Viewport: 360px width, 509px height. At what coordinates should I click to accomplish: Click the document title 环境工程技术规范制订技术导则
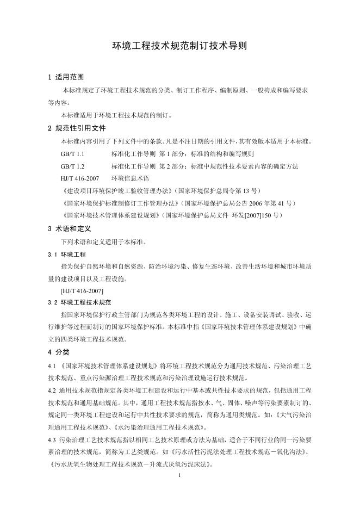179,46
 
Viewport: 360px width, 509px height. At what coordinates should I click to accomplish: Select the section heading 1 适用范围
65,77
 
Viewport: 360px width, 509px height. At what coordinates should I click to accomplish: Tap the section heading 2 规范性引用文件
77,129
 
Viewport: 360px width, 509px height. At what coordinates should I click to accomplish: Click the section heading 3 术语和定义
69,229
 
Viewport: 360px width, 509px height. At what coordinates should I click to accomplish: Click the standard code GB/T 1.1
72,154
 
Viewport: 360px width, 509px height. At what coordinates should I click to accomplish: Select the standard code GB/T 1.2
72,166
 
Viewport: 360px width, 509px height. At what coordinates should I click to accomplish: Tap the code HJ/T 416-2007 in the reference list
80,178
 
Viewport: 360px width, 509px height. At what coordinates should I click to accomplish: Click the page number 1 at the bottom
180,475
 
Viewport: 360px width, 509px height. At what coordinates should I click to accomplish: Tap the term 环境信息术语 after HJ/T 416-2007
130,178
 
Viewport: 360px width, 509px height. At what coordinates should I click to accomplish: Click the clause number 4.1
52,365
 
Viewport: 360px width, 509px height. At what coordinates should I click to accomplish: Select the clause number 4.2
52,390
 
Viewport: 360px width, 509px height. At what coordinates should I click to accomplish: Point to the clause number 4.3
52,439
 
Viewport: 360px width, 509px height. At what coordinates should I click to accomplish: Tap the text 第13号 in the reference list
246,191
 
